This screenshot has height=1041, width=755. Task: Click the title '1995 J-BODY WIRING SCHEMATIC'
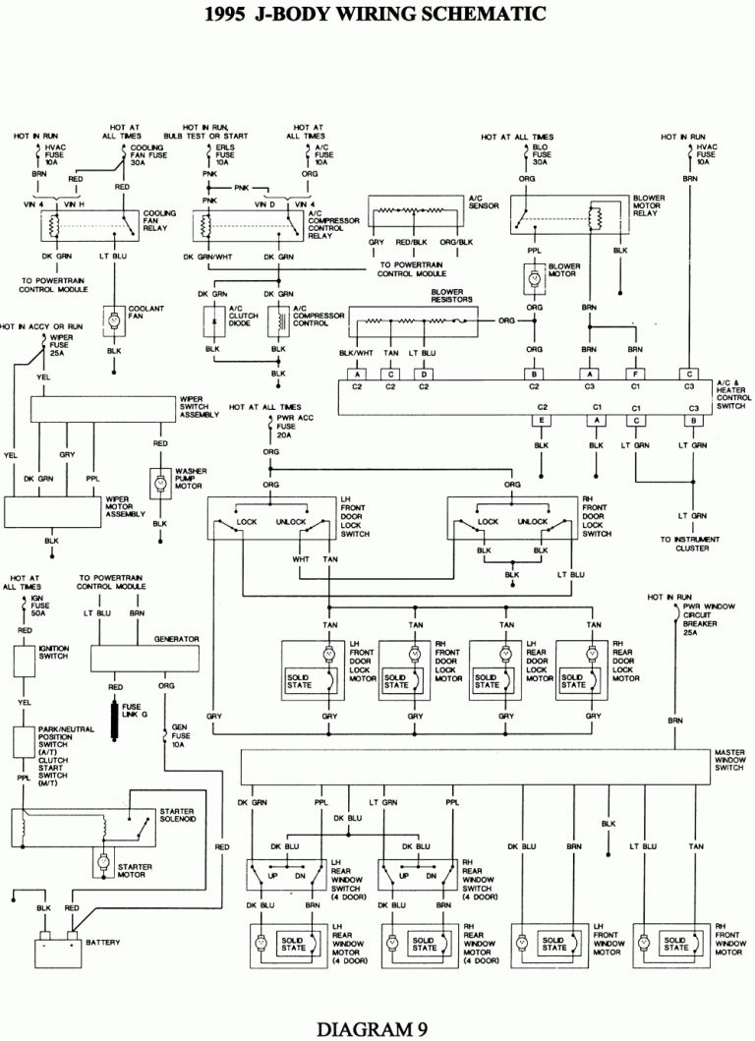click(377, 14)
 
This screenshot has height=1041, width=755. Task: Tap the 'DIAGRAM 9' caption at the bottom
click(377, 1028)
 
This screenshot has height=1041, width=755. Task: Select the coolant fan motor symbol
click(114, 319)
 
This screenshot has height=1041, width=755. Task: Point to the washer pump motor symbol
click(158, 483)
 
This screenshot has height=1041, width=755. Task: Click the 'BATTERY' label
click(103, 942)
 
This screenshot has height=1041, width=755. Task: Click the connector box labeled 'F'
click(637, 375)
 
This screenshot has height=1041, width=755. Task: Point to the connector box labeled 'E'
click(541, 420)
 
